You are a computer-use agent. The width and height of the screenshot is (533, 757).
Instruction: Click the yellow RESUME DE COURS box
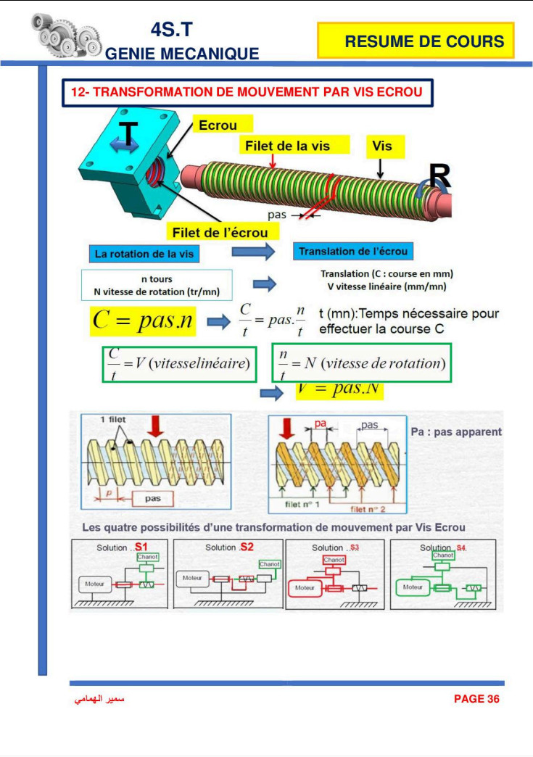coord(416,41)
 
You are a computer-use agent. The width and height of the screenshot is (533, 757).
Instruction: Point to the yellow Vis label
coord(382,146)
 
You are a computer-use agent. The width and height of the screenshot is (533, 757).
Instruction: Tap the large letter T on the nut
coord(128,134)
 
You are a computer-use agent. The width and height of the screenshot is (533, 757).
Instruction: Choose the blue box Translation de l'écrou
coord(355,252)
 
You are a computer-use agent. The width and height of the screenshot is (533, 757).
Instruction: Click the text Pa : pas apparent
coord(456,431)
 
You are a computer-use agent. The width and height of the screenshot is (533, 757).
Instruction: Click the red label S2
coord(247,546)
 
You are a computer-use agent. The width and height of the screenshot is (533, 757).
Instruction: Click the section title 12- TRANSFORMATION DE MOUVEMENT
coord(247,92)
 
